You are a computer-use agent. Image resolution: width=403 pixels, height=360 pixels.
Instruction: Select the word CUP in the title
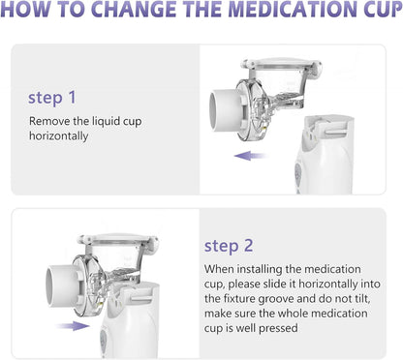pyautogui.click(x=383, y=9)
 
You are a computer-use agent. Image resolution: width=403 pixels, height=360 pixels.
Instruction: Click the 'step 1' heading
pyautogui.click(x=52, y=98)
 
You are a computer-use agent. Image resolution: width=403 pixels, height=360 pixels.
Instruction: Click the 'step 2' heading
pyautogui.click(x=229, y=246)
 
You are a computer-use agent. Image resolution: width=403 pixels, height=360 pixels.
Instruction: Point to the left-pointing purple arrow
pyautogui.click(x=251, y=156)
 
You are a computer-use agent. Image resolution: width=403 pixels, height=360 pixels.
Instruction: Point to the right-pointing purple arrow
pyautogui.click(x=73, y=326)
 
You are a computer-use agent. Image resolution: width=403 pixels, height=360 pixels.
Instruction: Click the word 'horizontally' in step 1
pyautogui.click(x=58, y=136)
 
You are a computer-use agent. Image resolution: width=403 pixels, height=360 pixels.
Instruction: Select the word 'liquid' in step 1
pyautogui.click(x=102, y=122)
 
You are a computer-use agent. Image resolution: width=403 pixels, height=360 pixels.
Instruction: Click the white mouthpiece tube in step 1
pyautogui.click(x=226, y=110)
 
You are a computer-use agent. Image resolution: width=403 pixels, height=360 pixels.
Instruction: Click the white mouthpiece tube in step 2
pyautogui.click(x=62, y=285)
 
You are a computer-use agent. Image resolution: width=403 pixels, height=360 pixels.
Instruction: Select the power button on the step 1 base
pyautogui.click(x=298, y=172)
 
